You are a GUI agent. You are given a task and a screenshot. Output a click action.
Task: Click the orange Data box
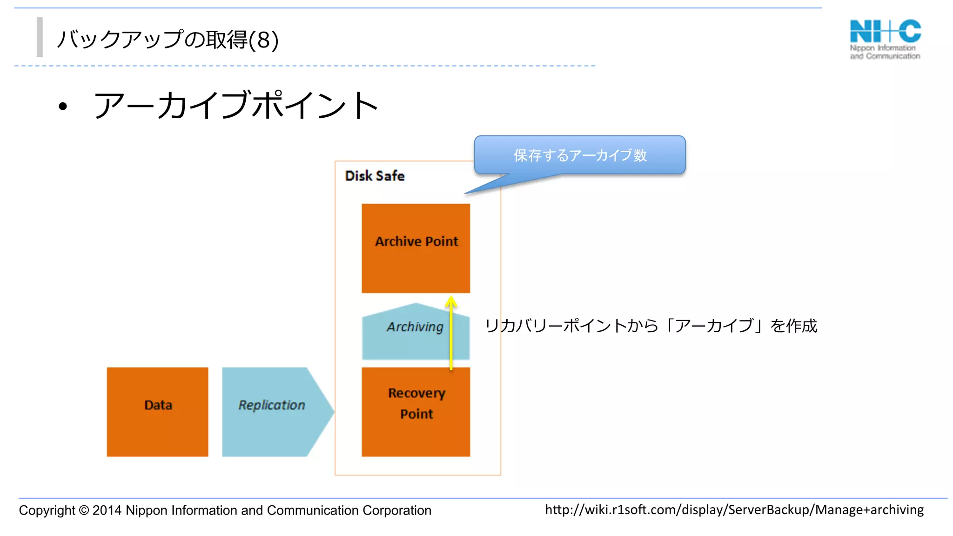(x=157, y=412)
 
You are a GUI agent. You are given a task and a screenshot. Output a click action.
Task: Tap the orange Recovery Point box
(x=416, y=412)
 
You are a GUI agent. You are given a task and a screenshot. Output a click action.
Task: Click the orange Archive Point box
(x=416, y=248)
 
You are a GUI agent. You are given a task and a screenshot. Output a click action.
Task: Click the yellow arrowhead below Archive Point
(x=451, y=301)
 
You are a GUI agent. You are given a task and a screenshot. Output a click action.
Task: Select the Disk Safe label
(x=375, y=176)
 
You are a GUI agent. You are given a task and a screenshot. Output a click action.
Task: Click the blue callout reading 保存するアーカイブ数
(x=580, y=155)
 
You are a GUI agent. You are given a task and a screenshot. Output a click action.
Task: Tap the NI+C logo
(x=885, y=32)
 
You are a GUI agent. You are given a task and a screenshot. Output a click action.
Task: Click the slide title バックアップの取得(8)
(x=168, y=40)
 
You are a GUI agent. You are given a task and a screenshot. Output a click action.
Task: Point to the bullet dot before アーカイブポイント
(x=63, y=107)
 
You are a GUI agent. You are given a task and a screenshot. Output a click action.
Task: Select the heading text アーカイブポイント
(x=235, y=105)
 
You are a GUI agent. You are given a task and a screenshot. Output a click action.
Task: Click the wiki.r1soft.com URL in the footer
(x=734, y=510)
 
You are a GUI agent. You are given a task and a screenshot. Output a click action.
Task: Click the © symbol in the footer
(x=84, y=510)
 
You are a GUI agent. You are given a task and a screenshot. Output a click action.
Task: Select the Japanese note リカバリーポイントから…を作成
(x=651, y=326)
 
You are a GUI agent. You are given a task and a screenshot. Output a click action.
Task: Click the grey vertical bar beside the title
(x=40, y=37)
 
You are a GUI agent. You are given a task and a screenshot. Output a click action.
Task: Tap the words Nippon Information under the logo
(x=882, y=48)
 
